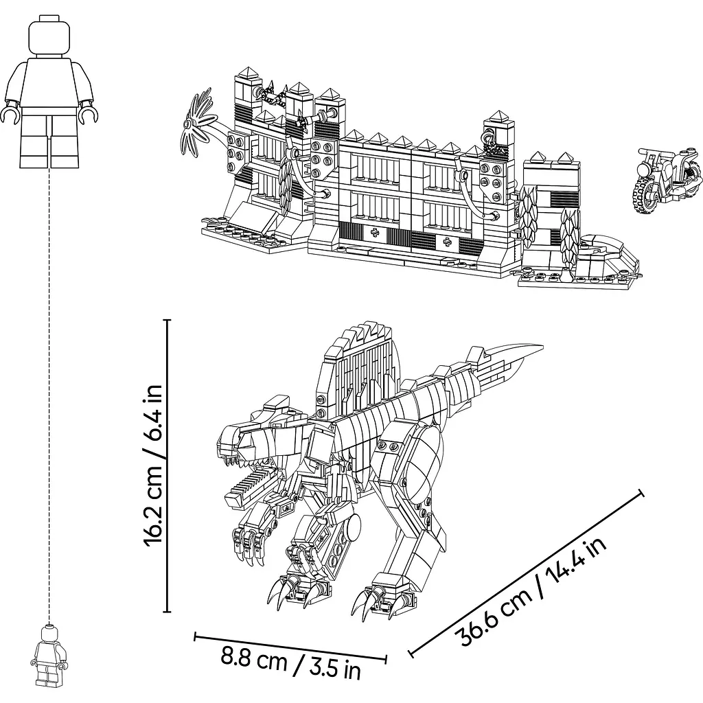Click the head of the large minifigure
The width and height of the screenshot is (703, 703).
coord(49,36)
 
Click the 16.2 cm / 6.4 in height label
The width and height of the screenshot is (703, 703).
coord(152,465)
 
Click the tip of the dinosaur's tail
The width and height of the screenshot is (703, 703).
coord(542,347)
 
